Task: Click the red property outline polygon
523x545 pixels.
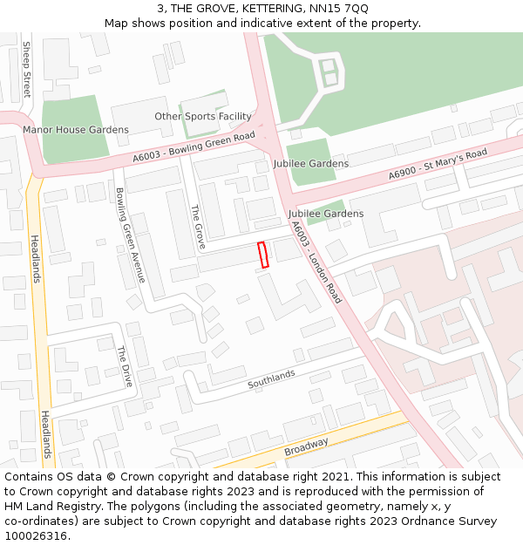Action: pos(263,254)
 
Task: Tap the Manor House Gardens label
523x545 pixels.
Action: pos(76,130)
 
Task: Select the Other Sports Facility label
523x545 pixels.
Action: pos(203,116)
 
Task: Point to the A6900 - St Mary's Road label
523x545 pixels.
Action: pos(437,165)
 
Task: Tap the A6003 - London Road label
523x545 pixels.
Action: pos(316,262)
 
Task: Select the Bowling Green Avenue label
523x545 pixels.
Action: pos(130,235)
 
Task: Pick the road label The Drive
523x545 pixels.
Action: pos(126,367)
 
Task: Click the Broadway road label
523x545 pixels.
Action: pos(306,447)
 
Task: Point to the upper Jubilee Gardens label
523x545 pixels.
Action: pos(311,163)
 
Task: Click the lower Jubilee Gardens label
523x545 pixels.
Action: pos(326,214)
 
